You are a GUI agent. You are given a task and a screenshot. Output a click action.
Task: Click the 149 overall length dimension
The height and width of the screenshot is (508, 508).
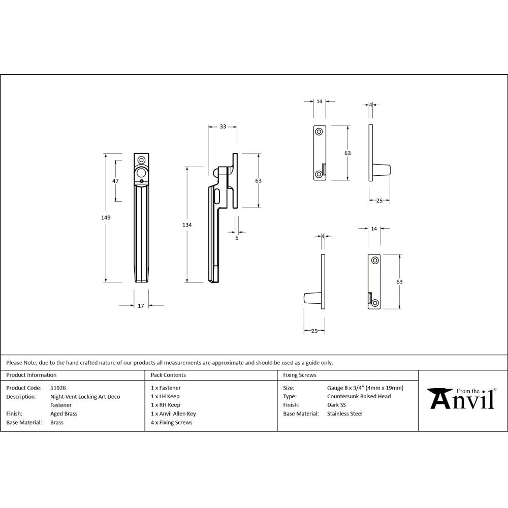[x=106, y=217]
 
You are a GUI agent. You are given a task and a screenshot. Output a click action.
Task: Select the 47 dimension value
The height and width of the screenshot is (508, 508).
[x=115, y=181]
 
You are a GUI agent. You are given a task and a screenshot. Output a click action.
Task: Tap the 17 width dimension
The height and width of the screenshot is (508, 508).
[x=141, y=305]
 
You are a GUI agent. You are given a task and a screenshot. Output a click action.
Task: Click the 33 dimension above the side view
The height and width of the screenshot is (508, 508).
[x=223, y=126]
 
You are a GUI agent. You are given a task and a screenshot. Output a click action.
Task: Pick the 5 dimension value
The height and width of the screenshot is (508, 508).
[x=237, y=237]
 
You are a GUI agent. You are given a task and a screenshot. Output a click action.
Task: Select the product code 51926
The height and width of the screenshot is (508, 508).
[x=58, y=388]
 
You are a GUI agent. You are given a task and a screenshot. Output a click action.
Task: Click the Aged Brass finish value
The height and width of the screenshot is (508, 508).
[x=64, y=414]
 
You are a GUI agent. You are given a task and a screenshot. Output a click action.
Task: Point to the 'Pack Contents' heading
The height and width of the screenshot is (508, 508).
[x=168, y=375]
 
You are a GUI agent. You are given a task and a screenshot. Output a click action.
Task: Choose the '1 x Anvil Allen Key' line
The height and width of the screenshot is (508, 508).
[x=173, y=414]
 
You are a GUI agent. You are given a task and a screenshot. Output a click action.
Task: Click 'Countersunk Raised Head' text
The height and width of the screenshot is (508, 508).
[x=359, y=396]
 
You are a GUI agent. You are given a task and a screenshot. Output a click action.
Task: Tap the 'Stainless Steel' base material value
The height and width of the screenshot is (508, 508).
[x=345, y=414]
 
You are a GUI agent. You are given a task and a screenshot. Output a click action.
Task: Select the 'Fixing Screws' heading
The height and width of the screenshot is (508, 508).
[x=299, y=375]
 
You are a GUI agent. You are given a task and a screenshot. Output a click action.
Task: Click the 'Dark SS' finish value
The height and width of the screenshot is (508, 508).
[x=337, y=405]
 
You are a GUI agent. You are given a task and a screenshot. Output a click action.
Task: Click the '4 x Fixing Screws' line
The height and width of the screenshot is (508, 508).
[x=172, y=423]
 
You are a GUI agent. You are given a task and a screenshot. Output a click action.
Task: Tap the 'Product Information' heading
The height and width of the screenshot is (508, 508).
[x=31, y=375]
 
